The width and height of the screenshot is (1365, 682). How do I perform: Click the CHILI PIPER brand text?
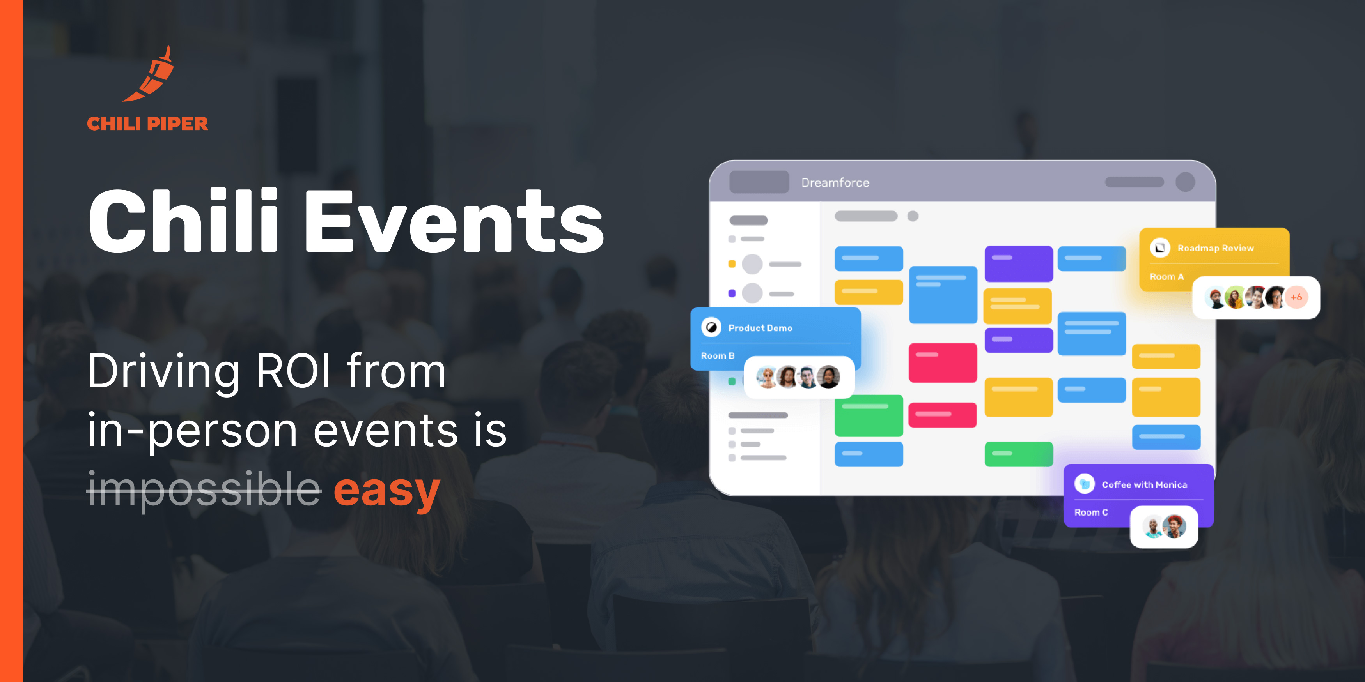point(147,124)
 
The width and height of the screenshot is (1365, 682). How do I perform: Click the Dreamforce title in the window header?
point(835,183)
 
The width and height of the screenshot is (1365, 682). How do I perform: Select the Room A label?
point(1166,276)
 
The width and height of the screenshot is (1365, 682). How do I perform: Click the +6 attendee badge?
point(1296,297)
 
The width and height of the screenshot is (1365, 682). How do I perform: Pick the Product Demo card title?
point(760,328)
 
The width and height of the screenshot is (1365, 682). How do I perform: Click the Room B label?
point(718,356)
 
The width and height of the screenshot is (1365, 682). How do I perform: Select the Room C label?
point(1091,512)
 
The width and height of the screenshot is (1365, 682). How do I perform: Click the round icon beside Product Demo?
point(711,328)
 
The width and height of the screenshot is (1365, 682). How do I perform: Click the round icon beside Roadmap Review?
point(1160,248)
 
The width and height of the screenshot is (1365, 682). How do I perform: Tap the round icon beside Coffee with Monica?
point(1085,484)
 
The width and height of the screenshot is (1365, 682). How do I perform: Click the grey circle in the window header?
point(1185,182)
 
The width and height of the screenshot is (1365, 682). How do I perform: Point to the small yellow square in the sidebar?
point(732,264)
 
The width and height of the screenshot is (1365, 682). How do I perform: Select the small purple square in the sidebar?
point(732,293)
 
